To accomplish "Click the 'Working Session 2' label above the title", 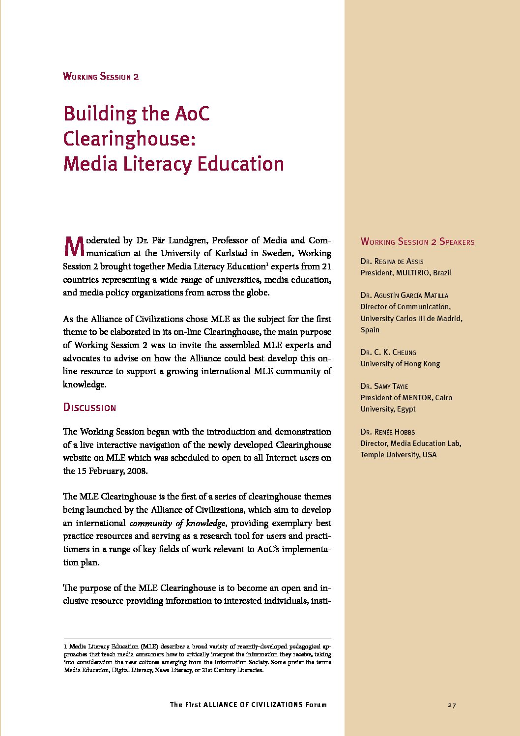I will [101, 76].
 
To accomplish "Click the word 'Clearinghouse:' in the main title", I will [129, 139].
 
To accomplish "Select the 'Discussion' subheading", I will [89, 408].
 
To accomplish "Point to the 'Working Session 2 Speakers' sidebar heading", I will [417, 242].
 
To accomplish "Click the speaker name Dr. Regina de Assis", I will [392, 262].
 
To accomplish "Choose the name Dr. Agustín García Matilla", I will [404, 295].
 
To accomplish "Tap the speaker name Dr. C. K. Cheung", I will [388, 353].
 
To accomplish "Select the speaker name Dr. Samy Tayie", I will [384, 386].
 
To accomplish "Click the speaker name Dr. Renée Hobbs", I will [387, 432].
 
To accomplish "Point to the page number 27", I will [452, 706].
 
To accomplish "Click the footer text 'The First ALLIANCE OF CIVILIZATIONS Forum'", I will [248, 705].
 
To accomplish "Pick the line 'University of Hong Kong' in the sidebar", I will [400, 364].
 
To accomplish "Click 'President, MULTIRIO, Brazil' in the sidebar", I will [406, 273].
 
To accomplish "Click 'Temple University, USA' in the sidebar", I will [398, 455].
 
